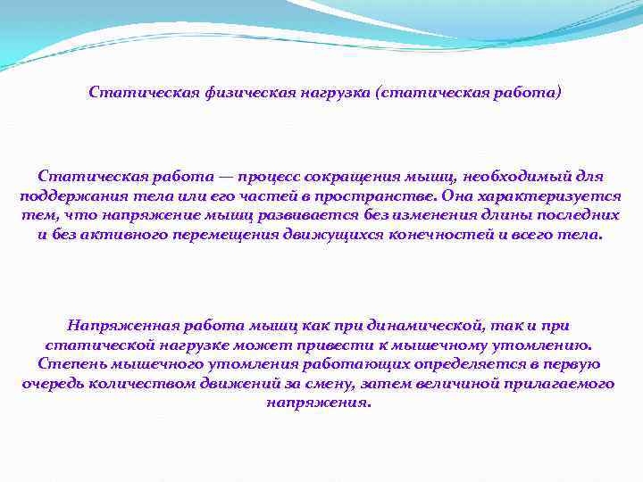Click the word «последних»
coord(581,217)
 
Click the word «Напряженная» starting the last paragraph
coord(116,326)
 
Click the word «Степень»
coord(67,365)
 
